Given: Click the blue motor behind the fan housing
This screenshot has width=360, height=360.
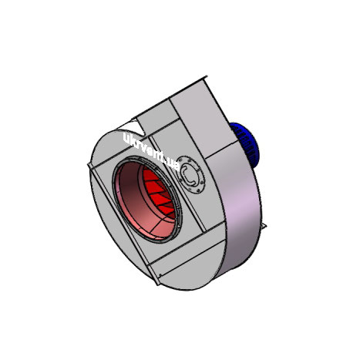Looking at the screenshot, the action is pyautogui.click(x=245, y=144).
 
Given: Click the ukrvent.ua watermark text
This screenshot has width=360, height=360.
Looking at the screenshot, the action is pyautogui.click(x=152, y=151).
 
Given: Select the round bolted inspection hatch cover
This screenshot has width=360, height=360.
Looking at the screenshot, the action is pyautogui.click(x=191, y=175).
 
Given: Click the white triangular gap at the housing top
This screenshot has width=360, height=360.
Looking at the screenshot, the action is pyautogui.click(x=132, y=127).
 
